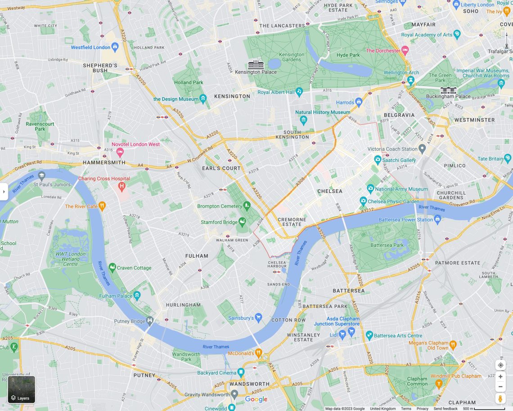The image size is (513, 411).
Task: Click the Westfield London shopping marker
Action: click(115, 47)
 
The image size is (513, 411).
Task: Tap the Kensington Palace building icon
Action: click(256, 64)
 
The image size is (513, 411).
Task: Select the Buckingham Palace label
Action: click(448, 96)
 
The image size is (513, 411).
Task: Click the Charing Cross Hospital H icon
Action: click(121, 186)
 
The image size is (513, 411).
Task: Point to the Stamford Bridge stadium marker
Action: click(242, 222)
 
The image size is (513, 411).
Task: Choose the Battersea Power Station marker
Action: click(437, 219)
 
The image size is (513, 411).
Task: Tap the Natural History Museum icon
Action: click(303, 120)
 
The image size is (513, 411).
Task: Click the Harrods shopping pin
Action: click(359, 102)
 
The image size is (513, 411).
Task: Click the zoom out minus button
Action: click(500, 387)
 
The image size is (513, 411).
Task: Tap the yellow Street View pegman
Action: click(500, 398)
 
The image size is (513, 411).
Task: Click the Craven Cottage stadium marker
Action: click(112, 268)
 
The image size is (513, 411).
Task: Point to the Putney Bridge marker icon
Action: click(150, 321)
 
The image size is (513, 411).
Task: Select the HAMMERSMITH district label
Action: click(104, 162)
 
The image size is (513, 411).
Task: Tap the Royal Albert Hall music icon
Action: click(299, 92)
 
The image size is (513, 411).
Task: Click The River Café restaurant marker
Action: click(103, 206)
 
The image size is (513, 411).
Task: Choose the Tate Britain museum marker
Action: click(508, 158)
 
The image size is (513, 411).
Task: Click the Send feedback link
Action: click(445, 408)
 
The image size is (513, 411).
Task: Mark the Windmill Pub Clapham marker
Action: click(440, 383)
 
